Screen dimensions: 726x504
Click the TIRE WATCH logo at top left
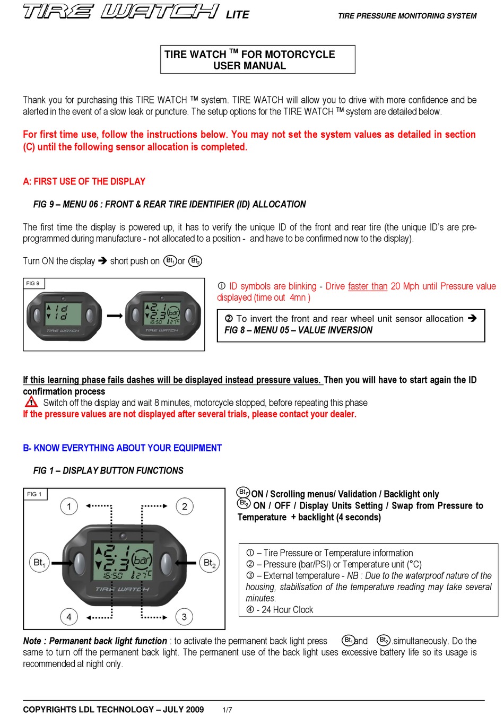(x=121, y=11)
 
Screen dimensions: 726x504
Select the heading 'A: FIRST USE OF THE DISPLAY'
(x=84, y=181)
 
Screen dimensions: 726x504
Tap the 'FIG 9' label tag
(x=33, y=283)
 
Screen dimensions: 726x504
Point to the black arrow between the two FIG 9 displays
(x=114, y=316)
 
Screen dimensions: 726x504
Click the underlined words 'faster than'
(x=368, y=286)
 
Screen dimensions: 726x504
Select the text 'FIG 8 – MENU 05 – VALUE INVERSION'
(x=298, y=330)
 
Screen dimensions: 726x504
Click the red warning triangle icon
(x=31, y=402)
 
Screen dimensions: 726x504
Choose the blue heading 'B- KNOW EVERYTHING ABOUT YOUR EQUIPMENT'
(x=122, y=448)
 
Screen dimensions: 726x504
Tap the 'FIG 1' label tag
(x=34, y=494)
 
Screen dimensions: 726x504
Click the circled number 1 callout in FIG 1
(x=69, y=506)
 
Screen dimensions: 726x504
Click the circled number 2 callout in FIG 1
(x=184, y=506)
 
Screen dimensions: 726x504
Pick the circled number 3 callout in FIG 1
(x=184, y=617)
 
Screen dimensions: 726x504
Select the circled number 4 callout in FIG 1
(x=69, y=617)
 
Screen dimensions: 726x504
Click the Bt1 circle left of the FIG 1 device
(x=39, y=563)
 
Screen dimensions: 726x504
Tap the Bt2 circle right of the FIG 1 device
(x=210, y=563)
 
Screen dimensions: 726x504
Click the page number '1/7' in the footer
(x=227, y=710)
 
